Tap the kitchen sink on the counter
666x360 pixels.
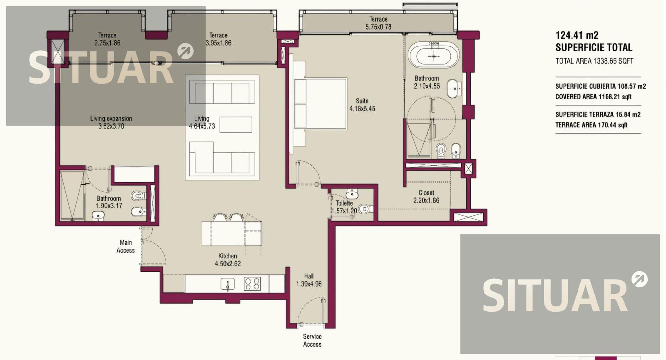pyautogui.click(x=227, y=284)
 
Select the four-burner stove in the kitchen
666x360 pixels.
pyautogui.click(x=252, y=283)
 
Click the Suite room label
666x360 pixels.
pyautogui.click(x=362, y=101)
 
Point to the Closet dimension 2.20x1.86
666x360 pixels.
pyautogui.click(x=426, y=201)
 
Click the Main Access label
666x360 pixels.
pyautogui.click(x=125, y=246)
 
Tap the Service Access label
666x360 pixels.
pyautogui.click(x=312, y=340)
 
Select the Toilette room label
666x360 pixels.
pyautogui.click(x=344, y=204)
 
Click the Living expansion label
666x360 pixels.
pyautogui.click(x=111, y=118)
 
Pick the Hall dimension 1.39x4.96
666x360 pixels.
pyautogui.click(x=309, y=284)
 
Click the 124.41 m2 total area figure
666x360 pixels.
pyautogui.click(x=577, y=35)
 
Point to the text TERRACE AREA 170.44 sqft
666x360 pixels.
pyautogui.click(x=591, y=125)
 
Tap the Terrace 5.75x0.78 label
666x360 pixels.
pyautogui.click(x=378, y=23)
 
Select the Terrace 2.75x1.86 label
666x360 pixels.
pyautogui.click(x=107, y=39)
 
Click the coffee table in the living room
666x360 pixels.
pyautogui.click(x=236, y=125)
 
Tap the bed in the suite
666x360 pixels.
pyautogui.click(x=321, y=104)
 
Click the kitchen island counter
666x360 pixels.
pyautogui.click(x=232, y=233)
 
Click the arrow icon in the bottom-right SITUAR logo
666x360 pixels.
pyautogui.click(x=639, y=279)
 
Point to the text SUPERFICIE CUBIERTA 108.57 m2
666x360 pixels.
pyautogui.click(x=601, y=87)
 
